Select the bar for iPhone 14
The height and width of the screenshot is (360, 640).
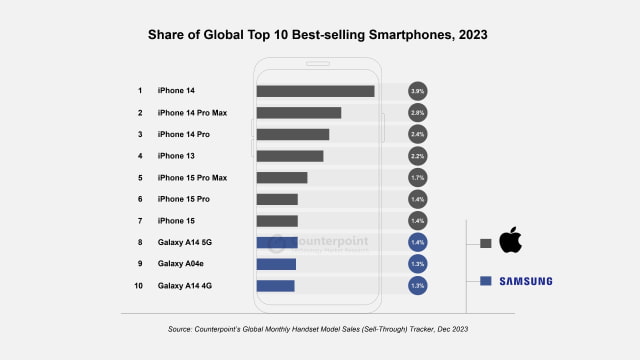coord(315,91)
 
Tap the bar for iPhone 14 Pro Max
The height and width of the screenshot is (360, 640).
coord(298,113)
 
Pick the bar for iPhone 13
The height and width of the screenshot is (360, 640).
coord(289,156)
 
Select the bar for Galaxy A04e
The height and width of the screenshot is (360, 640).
coord(276,264)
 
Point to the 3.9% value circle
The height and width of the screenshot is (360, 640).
coord(418,91)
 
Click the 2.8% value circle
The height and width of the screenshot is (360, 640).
coord(418,113)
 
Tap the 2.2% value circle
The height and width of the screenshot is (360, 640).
coord(418,156)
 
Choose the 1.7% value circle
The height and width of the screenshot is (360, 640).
coord(418,178)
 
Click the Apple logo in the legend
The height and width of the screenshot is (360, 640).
coord(511,241)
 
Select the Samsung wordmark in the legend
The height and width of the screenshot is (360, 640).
coord(527,281)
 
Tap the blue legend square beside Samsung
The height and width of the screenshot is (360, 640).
coord(485,281)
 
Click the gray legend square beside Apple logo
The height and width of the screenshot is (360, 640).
coord(485,242)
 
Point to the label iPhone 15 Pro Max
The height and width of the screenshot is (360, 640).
coord(192,178)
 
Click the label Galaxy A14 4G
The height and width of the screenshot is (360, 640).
coord(185,286)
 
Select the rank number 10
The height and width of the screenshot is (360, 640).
coord(140,286)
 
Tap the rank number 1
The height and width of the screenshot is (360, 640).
coord(140,91)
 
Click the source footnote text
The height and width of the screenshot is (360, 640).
coord(319,328)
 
